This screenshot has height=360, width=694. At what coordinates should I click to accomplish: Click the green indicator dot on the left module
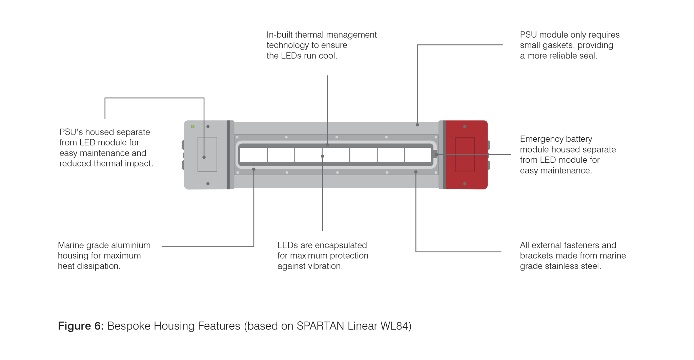193,126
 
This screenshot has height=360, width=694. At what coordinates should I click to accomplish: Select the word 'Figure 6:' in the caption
81,326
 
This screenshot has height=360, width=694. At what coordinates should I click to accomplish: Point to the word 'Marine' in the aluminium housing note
70,245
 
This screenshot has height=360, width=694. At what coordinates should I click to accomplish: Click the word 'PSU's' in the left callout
71,132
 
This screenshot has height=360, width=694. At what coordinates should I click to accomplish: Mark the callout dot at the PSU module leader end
417,125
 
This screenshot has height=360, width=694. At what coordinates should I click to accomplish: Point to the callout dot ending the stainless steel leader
416,172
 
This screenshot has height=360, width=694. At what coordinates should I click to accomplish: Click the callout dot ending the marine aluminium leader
254,169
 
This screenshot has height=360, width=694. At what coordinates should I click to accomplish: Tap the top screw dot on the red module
465,126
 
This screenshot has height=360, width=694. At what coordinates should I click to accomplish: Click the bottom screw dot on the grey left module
208,184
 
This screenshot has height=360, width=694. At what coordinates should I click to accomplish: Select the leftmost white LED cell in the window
253,155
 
